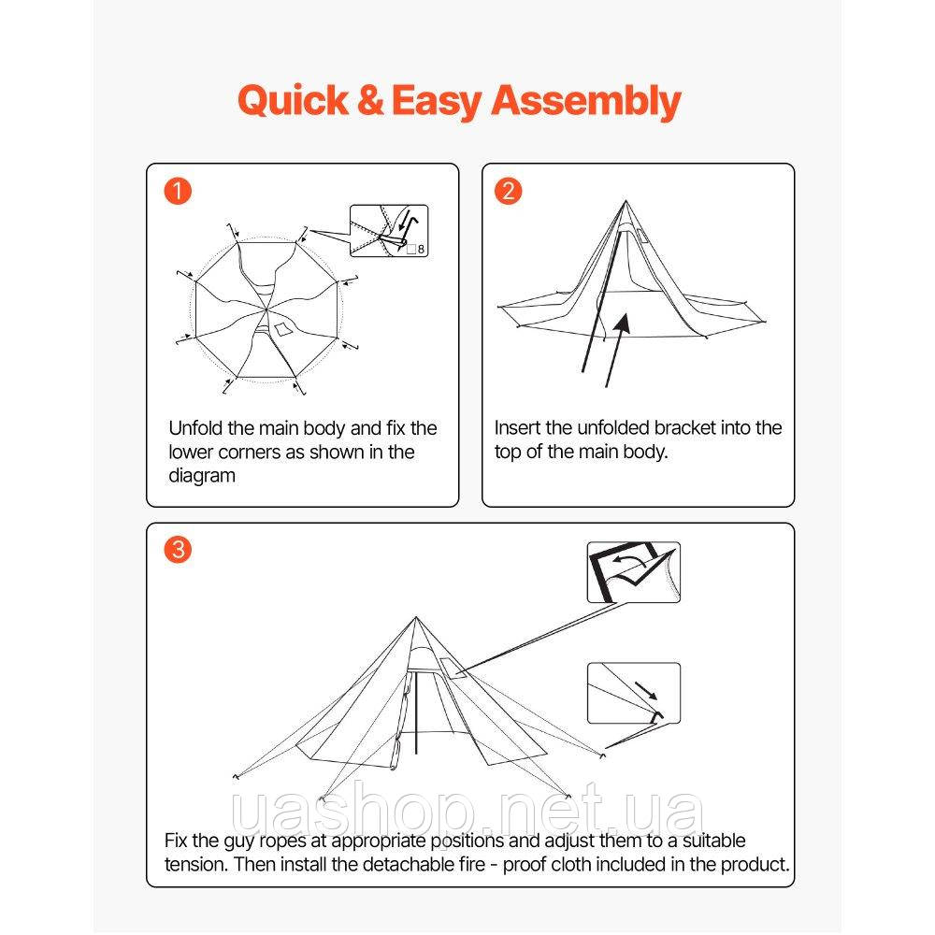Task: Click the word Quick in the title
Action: tap(292, 101)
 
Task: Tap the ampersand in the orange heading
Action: tap(370, 100)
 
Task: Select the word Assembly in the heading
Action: tap(585, 101)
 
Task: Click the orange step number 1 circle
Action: tap(178, 191)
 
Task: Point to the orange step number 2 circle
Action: tap(508, 191)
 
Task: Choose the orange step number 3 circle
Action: tap(178, 549)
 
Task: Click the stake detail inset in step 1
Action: tap(389, 231)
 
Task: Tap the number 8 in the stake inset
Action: tap(421, 250)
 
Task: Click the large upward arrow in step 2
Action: tap(617, 351)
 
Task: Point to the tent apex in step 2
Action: tap(626, 202)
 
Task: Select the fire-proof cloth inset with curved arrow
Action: tap(633, 572)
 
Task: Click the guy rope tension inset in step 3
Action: tap(633, 694)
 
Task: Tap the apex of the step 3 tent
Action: tap(416, 618)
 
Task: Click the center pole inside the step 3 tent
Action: tap(416, 713)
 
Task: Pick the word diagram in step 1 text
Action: tap(202, 476)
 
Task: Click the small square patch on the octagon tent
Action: tap(282, 329)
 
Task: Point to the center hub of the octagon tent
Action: tap(266, 309)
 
